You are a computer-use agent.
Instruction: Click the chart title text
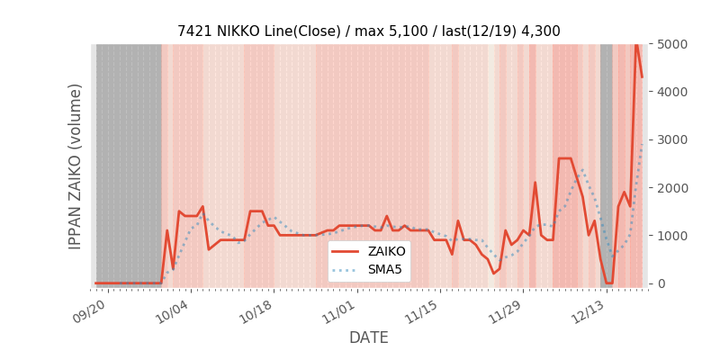tap(368, 31)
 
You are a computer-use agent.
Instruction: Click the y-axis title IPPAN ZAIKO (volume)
tap(76, 166)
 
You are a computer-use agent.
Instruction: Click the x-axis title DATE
tap(368, 337)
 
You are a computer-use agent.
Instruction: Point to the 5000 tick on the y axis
tap(671, 44)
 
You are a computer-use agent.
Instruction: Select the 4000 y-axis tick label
tap(671, 92)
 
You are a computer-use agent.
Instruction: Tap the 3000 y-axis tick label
tap(671, 139)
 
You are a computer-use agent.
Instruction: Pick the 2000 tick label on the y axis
tap(671, 187)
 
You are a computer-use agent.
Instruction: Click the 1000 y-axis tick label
tap(671, 235)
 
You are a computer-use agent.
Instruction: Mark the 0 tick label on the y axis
tap(661, 283)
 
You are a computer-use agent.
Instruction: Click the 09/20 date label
tap(93, 309)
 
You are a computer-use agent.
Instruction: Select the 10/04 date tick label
tap(175, 309)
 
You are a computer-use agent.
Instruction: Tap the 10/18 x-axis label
tap(258, 309)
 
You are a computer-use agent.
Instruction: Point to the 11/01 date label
tap(341, 309)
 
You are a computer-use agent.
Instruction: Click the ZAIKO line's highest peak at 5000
tap(636, 45)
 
